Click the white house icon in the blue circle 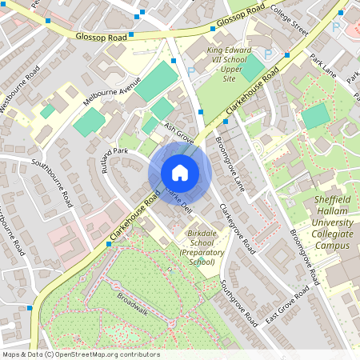pyautogui.click(x=179, y=172)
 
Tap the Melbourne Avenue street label pyautogui.click(x=112, y=92)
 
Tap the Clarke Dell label pyautogui.click(x=179, y=200)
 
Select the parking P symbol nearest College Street pyautogui.click(x=336, y=27)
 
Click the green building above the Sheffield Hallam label pyautogui.click(x=315, y=116)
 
